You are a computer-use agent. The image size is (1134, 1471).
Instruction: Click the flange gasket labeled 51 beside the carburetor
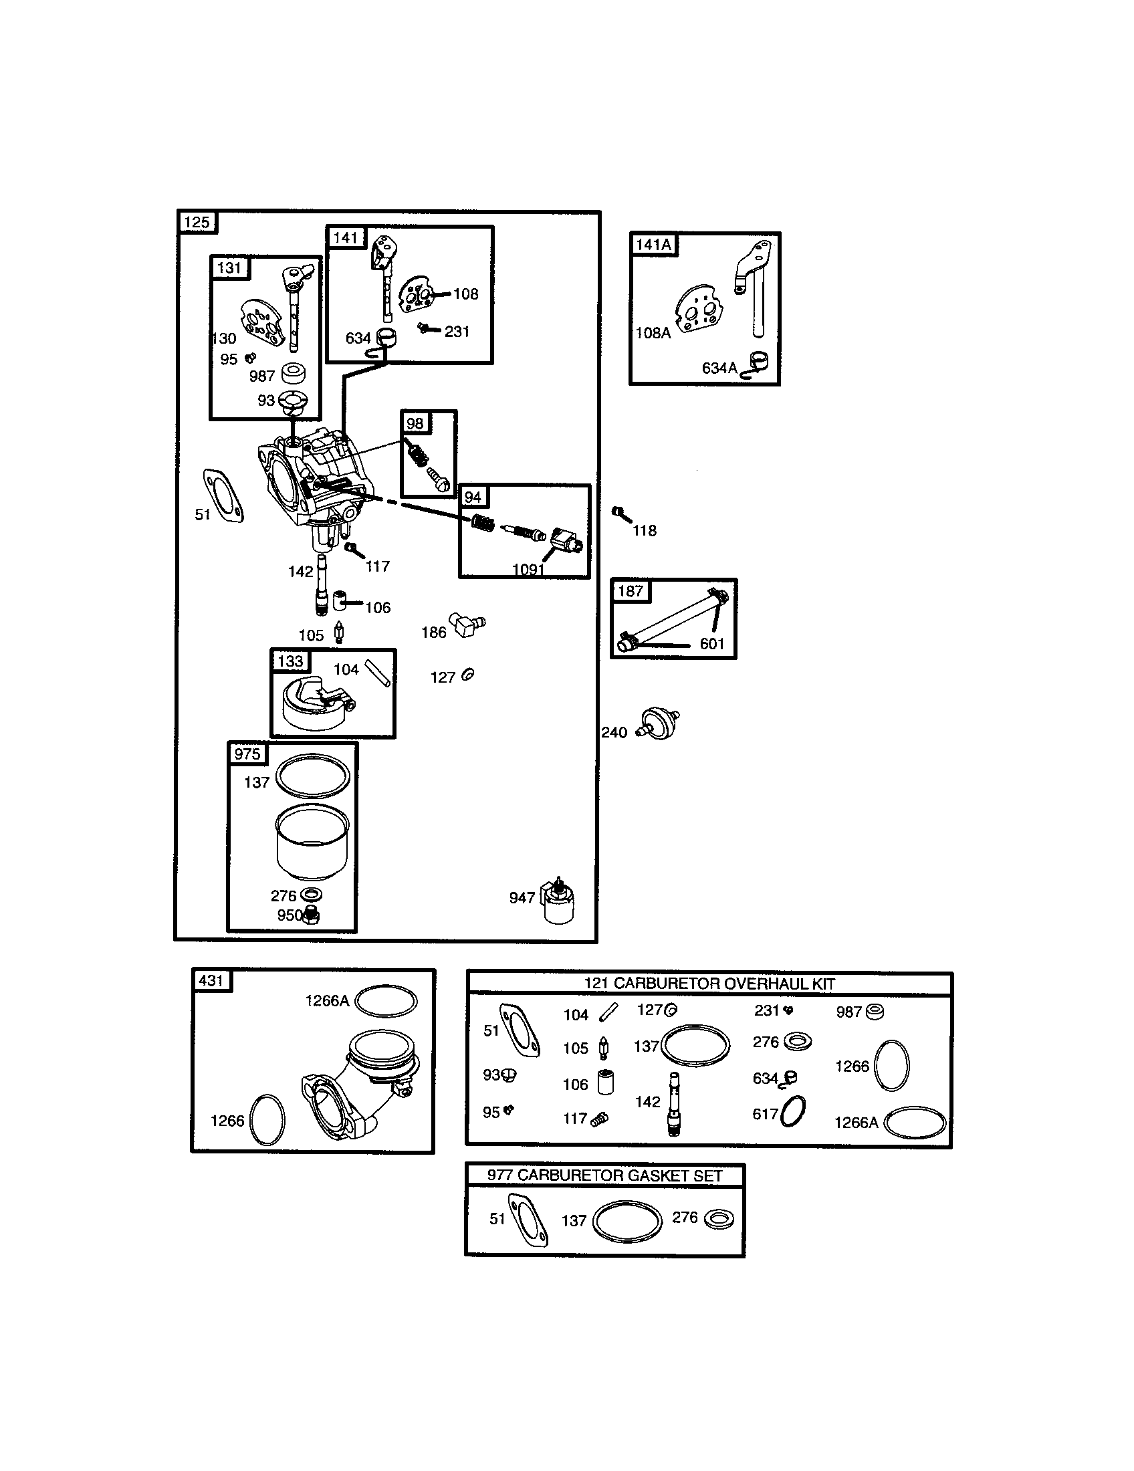click(223, 495)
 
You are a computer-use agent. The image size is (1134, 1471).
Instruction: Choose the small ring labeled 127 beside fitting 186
click(467, 674)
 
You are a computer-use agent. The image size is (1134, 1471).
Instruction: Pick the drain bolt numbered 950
click(310, 915)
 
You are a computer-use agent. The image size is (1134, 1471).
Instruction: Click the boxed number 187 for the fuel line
click(631, 591)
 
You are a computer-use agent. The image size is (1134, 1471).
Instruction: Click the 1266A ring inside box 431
click(386, 1002)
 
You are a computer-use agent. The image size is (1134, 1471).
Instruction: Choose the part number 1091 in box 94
click(528, 570)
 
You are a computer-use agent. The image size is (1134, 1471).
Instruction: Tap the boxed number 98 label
click(415, 424)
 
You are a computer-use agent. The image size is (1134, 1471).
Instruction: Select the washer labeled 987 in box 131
click(294, 372)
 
